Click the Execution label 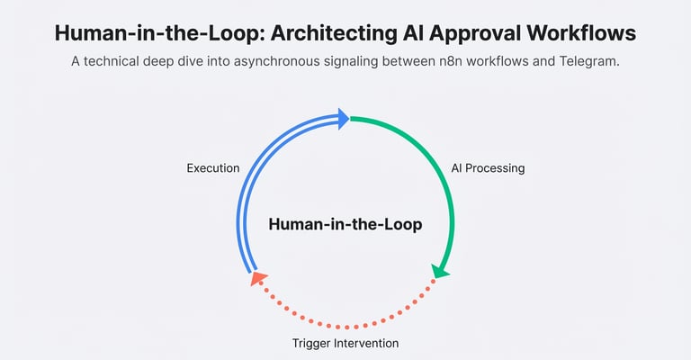(213, 168)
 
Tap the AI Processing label (488, 168)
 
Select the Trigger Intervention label (345, 343)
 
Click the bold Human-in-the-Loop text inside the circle (345, 224)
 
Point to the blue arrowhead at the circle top (342, 118)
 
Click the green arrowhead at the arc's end (440, 270)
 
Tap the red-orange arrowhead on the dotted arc (256, 279)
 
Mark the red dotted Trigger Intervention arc (345, 326)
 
